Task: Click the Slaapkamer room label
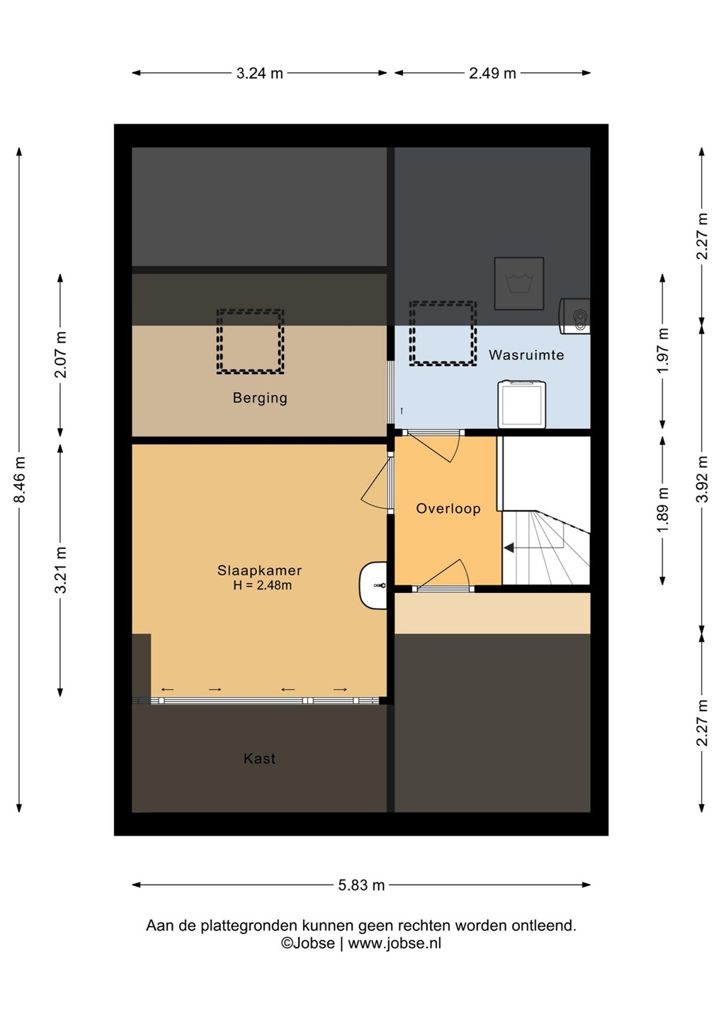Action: [259, 570]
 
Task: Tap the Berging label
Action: [260, 398]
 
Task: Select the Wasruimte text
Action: [526, 355]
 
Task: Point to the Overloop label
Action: [448, 509]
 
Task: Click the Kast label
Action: [259, 759]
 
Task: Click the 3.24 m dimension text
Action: [259, 74]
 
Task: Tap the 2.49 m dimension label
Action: [492, 74]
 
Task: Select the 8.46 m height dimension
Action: [20, 479]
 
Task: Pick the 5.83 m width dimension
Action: [361, 885]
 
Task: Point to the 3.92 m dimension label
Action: [703, 479]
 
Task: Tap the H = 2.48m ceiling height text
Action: [262, 585]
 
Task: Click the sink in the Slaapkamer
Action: [373, 585]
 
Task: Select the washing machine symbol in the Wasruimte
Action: [522, 404]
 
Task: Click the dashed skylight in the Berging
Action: [250, 341]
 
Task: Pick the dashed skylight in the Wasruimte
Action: [443, 333]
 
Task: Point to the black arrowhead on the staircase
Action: [509, 548]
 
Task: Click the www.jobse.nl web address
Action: [394, 943]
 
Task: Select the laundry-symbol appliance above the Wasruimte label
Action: [519, 283]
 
